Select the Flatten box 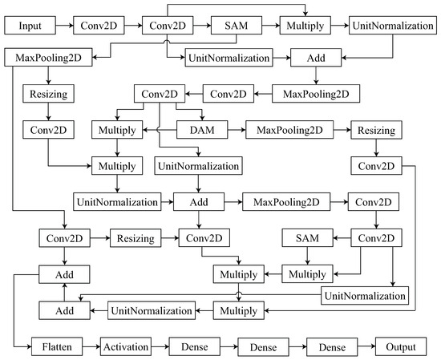click(x=59, y=348)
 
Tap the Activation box click(x=127, y=348)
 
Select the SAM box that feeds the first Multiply click(x=237, y=26)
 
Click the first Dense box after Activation click(x=193, y=348)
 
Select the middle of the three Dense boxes click(x=260, y=348)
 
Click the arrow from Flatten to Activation click(x=90, y=348)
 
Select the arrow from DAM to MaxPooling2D click(x=234, y=128)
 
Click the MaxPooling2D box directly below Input click(x=47, y=58)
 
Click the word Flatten click(x=59, y=348)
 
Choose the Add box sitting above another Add click(x=64, y=275)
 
